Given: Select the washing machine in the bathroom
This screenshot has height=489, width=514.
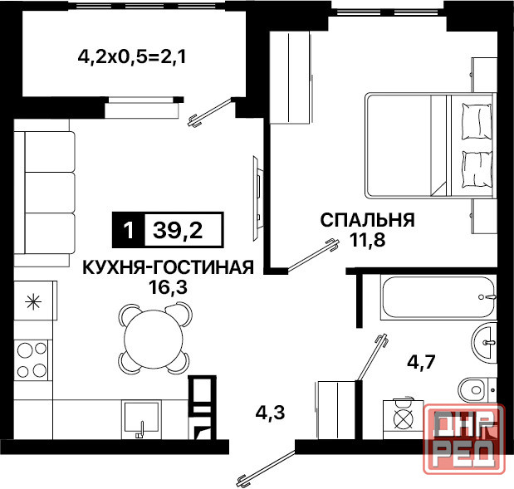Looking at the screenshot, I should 402,418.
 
